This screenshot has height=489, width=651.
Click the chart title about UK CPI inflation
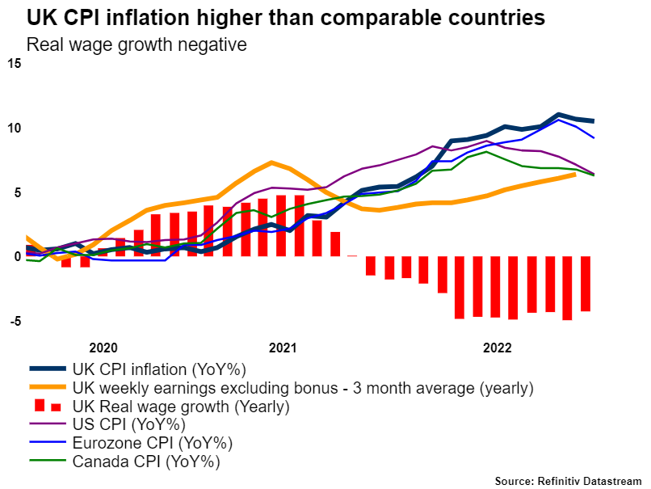point(285,17)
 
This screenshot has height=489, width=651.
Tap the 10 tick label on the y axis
point(15,128)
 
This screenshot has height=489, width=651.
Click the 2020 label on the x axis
point(103,348)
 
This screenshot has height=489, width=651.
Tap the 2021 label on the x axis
point(282,348)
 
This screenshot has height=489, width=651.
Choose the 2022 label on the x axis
point(496,348)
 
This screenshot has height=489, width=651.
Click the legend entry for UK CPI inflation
point(158,369)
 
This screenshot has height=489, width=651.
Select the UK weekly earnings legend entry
point(303,388)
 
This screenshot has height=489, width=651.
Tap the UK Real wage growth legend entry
point(180,407)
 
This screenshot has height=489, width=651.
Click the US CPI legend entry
point(129,425)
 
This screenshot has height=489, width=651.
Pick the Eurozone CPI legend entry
point(153,444)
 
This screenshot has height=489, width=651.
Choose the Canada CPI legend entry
point(146,462)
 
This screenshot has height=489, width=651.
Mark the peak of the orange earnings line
point(271,162)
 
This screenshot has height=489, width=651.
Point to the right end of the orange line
point(573,175)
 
